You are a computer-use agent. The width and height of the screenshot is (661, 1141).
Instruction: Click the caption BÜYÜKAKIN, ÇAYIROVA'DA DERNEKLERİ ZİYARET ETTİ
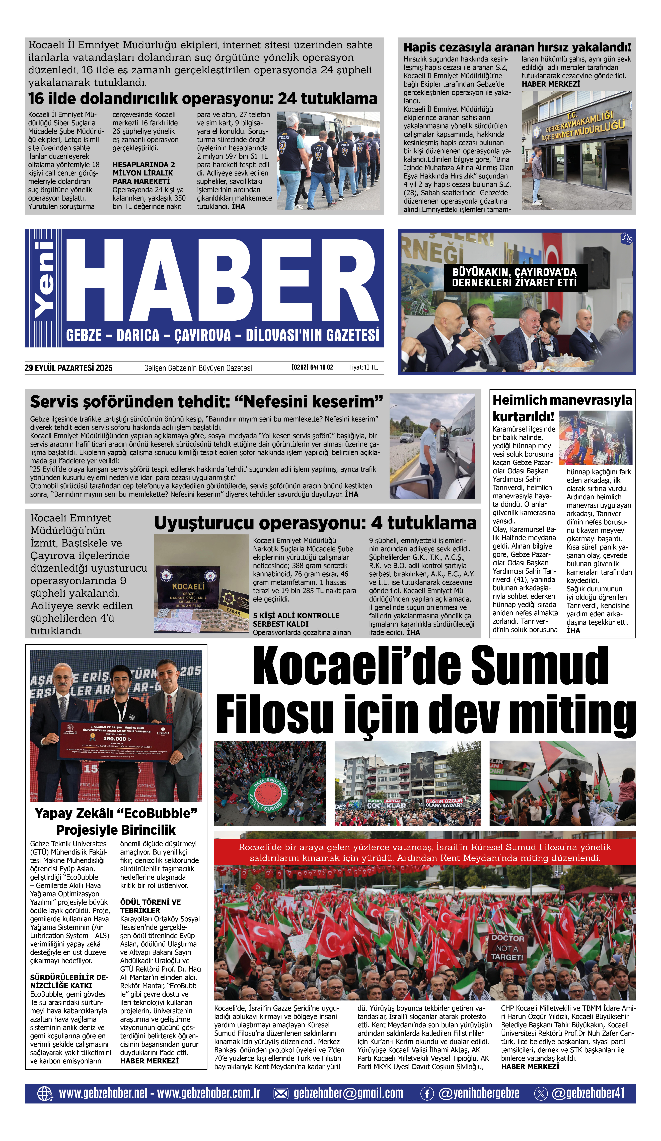(514, 277)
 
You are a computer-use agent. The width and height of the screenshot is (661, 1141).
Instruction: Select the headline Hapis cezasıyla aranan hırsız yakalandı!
(517, 47)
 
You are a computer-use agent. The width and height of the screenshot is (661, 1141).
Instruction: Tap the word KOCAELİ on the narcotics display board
(188, 586)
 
